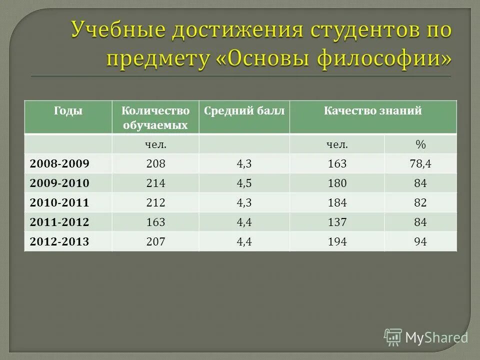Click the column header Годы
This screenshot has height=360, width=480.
click(68, 111)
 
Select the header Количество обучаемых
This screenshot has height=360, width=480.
click(155, 118)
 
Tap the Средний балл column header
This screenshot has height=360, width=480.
click(244, 111)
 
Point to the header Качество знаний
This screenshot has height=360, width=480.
click(372, 111)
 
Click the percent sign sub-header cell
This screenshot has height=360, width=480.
click(420, 144)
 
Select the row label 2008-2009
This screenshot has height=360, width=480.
click(59, 164)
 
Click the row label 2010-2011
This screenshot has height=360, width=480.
click(59, 203)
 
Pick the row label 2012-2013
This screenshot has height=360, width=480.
click(59, 242)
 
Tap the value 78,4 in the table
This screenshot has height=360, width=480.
click(420, 164)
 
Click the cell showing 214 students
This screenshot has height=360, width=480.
click(155, 183)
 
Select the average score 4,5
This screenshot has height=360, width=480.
click(244, 183)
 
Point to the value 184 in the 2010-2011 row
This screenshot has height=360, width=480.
click(337, 203)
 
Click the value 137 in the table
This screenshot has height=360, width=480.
click(337, 222)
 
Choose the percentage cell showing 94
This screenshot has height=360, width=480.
click(420, 242)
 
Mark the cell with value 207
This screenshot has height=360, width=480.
click(155, 242)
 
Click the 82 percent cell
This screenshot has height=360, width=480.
click(420, 203)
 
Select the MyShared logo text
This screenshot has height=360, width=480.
click(436, 337)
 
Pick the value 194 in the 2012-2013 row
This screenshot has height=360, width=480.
click(337, 242)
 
